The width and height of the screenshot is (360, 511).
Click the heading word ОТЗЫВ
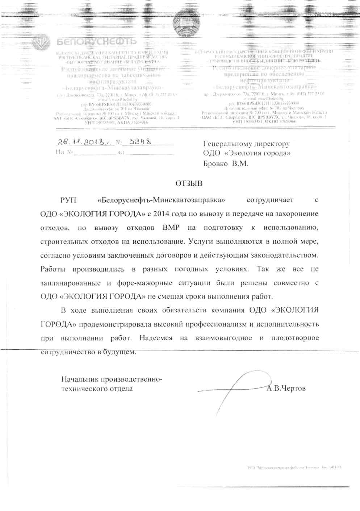(189, 183)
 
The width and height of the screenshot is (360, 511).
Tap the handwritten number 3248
(140, 141)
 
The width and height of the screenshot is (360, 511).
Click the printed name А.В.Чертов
(286, 388)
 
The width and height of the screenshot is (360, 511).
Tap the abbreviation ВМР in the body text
(171, 228)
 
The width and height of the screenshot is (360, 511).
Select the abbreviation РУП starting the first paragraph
(68, 200)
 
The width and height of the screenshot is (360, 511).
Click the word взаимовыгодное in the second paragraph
(223, 338)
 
